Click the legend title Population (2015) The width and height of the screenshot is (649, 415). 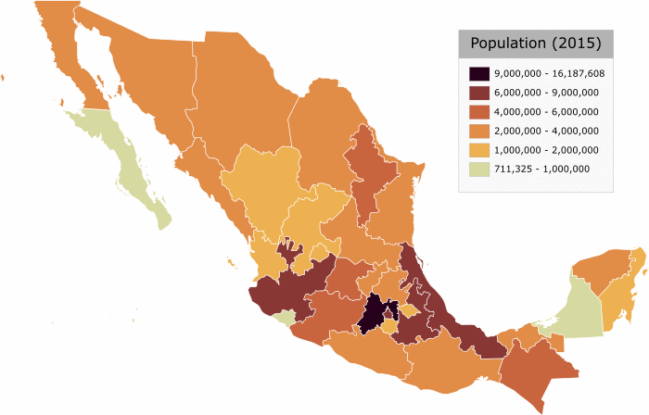pos(535,44)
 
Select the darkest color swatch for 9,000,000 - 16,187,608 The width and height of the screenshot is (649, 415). pos(479,73)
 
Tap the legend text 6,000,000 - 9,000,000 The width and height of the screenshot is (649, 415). pos(546,93)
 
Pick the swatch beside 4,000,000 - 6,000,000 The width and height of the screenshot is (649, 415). pos(479,111)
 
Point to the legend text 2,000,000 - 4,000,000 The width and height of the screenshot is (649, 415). pos(546,131)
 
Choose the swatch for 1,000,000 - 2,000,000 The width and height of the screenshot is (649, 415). pos(479,149)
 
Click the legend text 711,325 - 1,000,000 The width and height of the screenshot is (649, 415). pos(541,169)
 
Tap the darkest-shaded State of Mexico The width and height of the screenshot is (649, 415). pos(374,315)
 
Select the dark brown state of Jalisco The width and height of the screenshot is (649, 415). pos(287,287)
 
